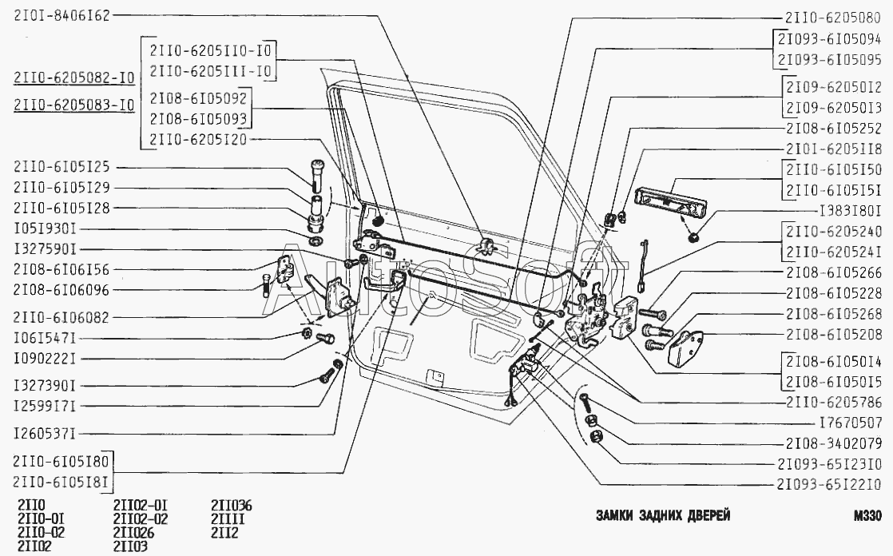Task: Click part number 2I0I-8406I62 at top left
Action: coord(62,15)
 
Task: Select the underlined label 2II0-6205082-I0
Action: coord(74,77)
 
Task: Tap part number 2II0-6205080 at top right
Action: coord(832,18)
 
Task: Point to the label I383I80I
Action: coord(850,211)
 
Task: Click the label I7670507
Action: coord(850,423)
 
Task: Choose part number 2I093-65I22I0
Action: coord(828,485)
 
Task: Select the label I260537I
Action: coord(45,434)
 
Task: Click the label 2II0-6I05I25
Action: coord(62,168)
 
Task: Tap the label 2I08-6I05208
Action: coord(834,335)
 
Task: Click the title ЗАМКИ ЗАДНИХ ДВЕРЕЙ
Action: coord(663,515)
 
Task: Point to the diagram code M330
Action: coord(867,516)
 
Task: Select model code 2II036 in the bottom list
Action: coord(231,506)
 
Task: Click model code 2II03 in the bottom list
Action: coord(130,547)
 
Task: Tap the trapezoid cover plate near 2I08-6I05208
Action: coord(685,347)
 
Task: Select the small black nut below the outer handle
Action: coord(693,236)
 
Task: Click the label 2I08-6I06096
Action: coord(62,290)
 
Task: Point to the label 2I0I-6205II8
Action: coord(834,149)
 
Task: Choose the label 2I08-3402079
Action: coord(834,444)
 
